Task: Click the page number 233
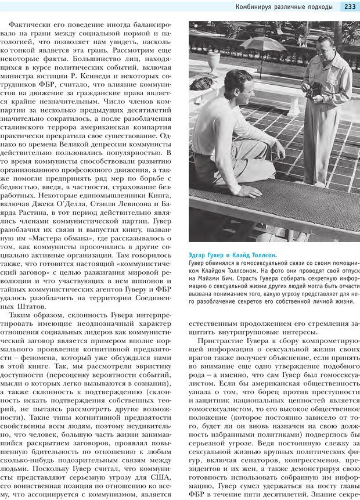[350, 7]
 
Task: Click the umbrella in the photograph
[263, 44]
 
